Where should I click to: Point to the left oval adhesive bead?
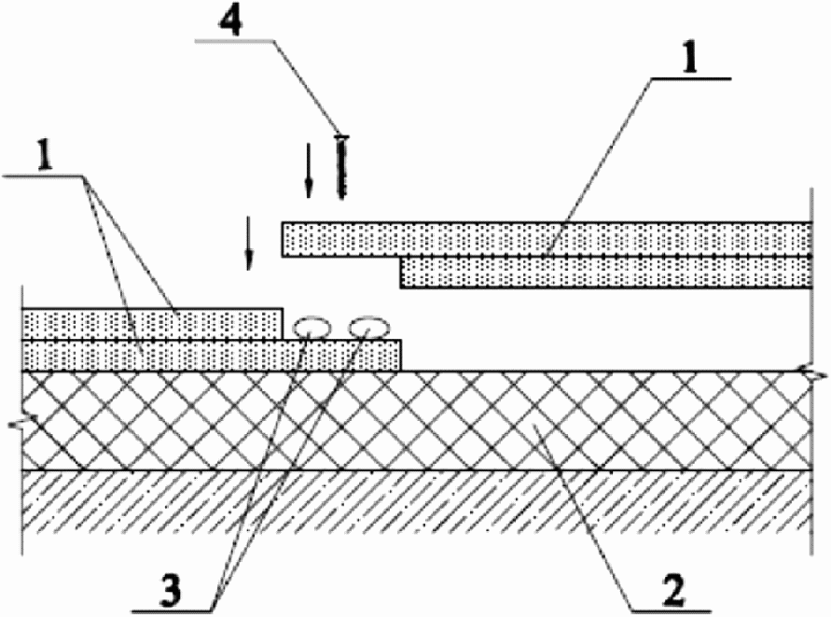point(311,327)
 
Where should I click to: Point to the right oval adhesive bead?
point(368,327)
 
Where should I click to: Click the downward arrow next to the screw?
point(308,171)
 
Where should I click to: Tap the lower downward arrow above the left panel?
point(248,242)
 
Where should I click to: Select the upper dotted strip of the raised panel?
point(545,238)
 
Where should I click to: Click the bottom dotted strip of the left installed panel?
point(211,356)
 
